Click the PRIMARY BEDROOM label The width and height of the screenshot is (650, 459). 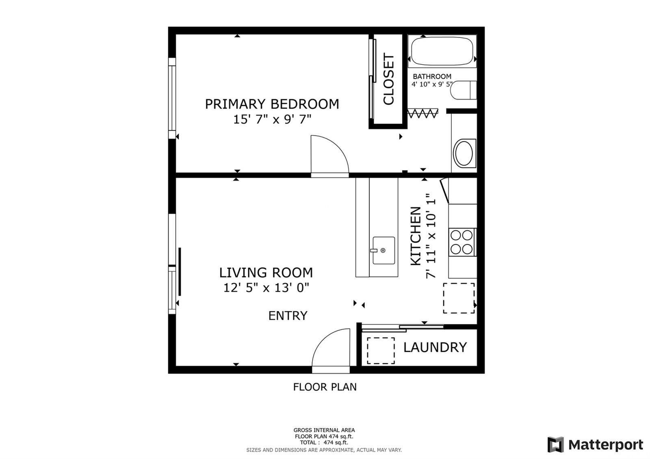pos(272,104)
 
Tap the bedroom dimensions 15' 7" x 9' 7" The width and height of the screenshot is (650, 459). pos(272,119)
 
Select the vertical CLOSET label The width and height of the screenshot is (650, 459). pos(388,79)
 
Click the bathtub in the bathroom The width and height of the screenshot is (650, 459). pos(442,51)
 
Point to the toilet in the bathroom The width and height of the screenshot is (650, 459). pos(464,90)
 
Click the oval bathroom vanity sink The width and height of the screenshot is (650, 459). pos(464,154)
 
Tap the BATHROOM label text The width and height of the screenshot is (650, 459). pos(432,77)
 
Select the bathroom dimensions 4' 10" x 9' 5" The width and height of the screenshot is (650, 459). pos(432,84)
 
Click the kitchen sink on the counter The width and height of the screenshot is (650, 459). pos(383,250)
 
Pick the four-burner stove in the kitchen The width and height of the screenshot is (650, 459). pos(462,242)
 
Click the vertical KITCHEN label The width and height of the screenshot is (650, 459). pos(416,236)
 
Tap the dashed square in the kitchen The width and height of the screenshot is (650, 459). pos(459,298)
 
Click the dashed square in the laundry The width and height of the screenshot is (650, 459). pos(381,351)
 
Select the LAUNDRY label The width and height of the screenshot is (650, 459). pos(435,347)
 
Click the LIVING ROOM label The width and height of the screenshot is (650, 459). pos(266,273)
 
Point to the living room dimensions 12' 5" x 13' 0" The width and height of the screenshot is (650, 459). pos(266,288)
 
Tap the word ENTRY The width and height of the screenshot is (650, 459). pos(288,316)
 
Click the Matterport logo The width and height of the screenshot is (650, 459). pos(595,444)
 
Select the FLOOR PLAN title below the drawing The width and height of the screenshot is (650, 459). pos(325,387)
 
